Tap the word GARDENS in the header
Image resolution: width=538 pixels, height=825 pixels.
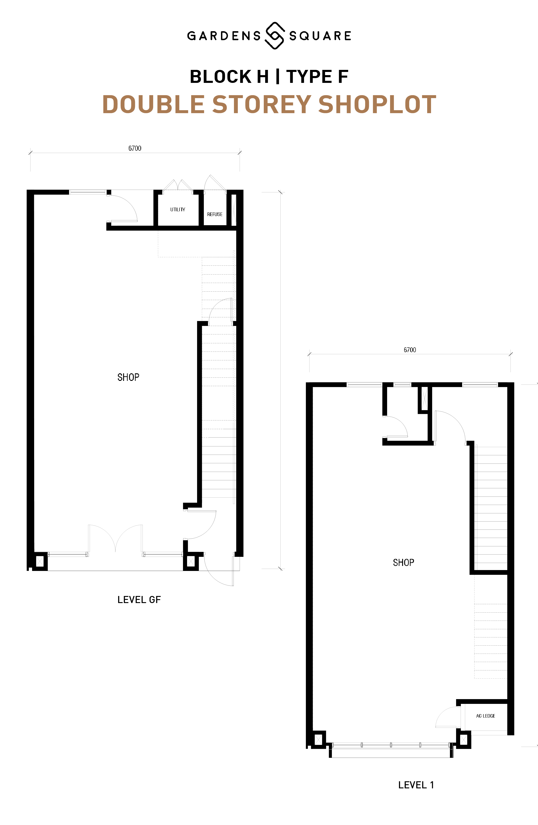click(224, 36)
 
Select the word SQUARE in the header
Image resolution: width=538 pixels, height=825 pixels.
click(320, 36)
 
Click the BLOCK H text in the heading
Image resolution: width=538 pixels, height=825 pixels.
click(229, 77)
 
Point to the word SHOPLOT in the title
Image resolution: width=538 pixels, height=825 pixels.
click(377, 104)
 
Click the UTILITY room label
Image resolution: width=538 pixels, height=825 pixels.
click(178, 209)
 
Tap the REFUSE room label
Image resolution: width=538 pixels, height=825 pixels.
click(215, 214)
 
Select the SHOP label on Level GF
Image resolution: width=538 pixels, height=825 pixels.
click(128, 377)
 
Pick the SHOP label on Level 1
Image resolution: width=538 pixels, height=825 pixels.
click(403, 562)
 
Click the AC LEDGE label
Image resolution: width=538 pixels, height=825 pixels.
click(485, 716)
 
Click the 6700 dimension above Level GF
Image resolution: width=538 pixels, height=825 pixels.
click(135, 148)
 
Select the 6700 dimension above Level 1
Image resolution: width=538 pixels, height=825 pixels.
click(410, 350)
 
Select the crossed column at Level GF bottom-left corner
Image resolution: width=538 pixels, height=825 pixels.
click(40, 561)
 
